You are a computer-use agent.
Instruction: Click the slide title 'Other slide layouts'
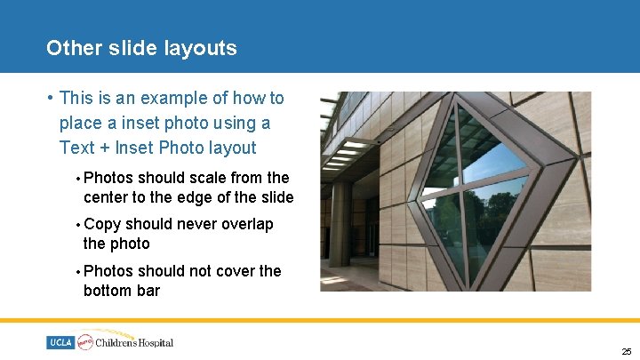point(141,48)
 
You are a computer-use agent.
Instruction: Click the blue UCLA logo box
point(61,342)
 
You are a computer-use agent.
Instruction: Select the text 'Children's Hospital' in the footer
point(135,342)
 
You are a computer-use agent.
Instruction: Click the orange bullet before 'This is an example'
point(52,98)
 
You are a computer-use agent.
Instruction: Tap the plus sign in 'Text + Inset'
point(103,148)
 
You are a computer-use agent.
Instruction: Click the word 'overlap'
point(244,224)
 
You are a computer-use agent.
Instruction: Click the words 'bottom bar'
point(121,290)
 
